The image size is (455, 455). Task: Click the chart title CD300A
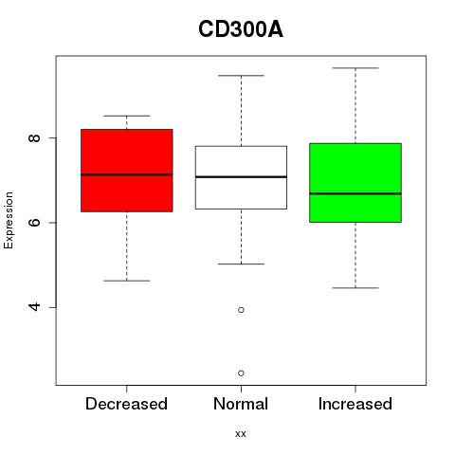coord(241,29)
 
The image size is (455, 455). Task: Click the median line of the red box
coord(127,174)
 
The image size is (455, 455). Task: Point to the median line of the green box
coord(355,193)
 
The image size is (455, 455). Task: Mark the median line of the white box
coord(241,176)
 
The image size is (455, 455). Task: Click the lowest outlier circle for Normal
coord(241,373)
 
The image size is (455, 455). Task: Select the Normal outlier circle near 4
coord(241,310)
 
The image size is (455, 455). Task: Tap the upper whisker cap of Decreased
coord(127,116)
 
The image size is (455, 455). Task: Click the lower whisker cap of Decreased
coord(127,281)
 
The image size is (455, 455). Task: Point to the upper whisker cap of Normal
coord(241,76)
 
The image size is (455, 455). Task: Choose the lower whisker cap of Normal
coord(241,264)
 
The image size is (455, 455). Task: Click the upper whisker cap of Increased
coord(355,68)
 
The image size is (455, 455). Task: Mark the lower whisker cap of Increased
coord(355,288)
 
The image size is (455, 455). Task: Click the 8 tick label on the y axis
coord(34,137)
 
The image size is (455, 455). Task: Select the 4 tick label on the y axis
coord(34,307)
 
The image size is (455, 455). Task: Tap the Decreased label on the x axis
coord(126,404)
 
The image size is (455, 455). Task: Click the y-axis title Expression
coord(9,220)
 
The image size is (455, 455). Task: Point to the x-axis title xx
coord(241,434)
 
